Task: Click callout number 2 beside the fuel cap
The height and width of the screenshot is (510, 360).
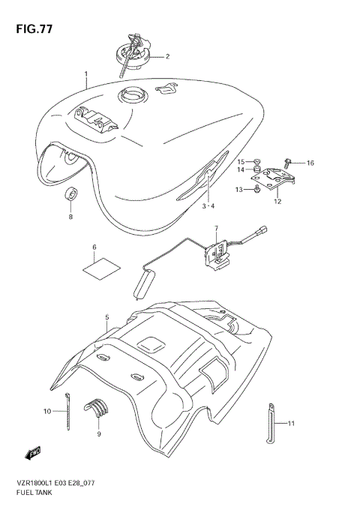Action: point(167,56)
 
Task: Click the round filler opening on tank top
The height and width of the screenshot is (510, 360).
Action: point(132,96)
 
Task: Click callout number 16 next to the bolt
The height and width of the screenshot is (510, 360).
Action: point(310,163)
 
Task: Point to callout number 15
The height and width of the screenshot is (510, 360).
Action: point(241,161)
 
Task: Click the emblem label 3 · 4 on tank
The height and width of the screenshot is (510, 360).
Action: point(208,205)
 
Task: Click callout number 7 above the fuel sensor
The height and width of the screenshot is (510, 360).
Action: point(216,228)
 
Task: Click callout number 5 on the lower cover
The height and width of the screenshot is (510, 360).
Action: point(107,317)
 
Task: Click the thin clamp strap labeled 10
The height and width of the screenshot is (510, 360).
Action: point(68,413)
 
